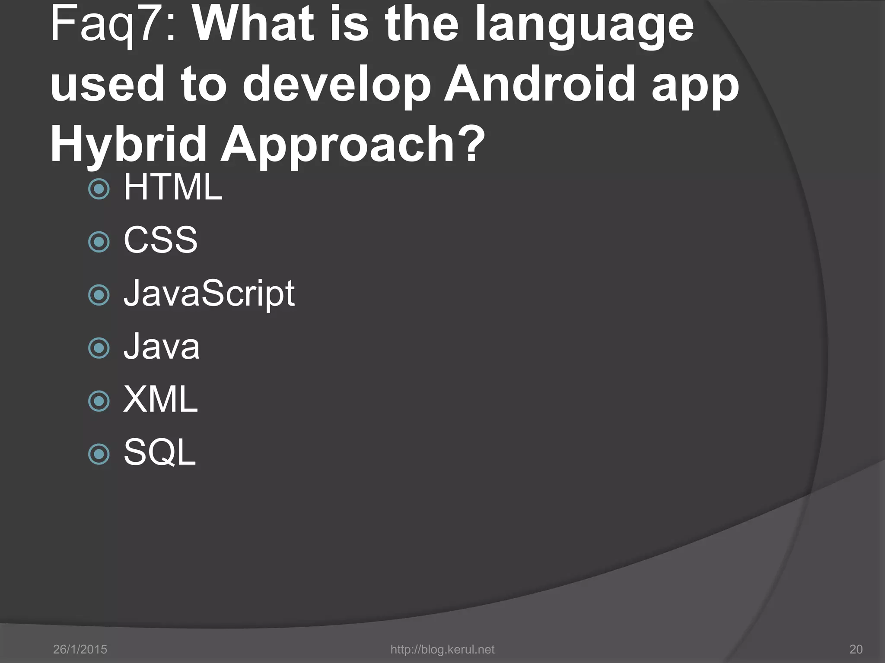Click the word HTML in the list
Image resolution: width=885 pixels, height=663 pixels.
click(x=173, y=187)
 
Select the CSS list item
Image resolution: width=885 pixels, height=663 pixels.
click(x=160, y=240)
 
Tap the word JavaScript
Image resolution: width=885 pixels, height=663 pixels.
click(x=209, y=294)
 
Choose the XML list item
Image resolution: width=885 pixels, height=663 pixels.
click(x=160, y=400)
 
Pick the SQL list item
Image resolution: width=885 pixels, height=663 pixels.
click(x=159, y=452)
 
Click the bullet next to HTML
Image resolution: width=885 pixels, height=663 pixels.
click(x=99, y=189)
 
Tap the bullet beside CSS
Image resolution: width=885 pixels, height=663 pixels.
click(x=99, y=242)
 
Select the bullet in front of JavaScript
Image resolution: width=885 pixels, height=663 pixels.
click(x=99, y=295)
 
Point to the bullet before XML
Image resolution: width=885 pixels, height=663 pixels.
click(x=99, y=401)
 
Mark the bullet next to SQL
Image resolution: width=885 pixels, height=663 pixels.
click(x=99, y=454)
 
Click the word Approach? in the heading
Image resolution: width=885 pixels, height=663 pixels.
click(x=352, y=145)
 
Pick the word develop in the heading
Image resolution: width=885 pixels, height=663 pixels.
click(x=337, y=84)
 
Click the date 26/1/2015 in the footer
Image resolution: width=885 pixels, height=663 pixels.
click(x=80, y=649)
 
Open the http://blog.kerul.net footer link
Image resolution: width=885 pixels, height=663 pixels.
click(x=442, y=649)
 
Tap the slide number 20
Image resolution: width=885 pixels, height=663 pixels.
click(x=856, y=649)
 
